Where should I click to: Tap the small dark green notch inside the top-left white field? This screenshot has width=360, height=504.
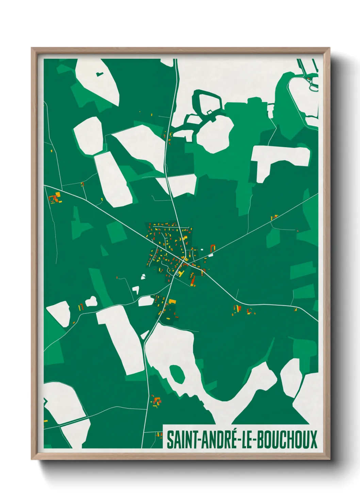(x=99, y=74)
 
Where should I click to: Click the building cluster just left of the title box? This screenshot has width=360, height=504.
(x=158, y=435)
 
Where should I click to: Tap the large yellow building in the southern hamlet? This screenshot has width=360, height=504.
(x=173, y=301)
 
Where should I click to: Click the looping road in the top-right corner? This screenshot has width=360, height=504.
(x=312, y=85)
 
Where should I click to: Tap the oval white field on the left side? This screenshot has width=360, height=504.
(x=88, y=135)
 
